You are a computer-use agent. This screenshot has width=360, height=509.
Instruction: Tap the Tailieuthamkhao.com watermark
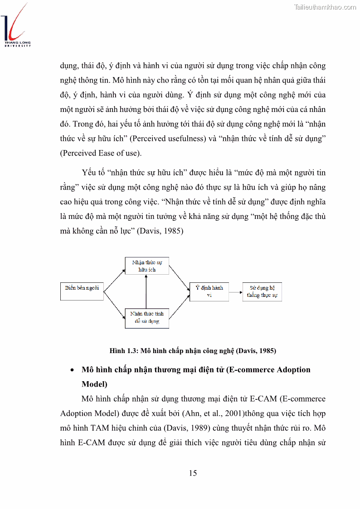coord(325,7)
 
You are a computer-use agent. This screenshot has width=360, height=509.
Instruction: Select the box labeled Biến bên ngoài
coord(82,291)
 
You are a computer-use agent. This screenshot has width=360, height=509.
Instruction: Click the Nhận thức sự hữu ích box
coord(146,266)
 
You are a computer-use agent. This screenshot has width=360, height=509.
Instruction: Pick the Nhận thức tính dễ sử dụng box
coord(146,317)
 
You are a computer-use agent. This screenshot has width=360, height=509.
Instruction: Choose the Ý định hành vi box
coord(209,291)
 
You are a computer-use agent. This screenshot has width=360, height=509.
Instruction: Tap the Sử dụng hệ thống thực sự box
coord(262,291)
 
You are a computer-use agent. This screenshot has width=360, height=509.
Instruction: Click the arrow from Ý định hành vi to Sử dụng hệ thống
coord(234,292)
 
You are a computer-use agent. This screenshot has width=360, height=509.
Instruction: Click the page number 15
coord(193,473)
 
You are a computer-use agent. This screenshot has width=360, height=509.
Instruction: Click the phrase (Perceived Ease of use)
coord(101,153)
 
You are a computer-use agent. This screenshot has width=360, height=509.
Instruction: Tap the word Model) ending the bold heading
coord(94,384)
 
